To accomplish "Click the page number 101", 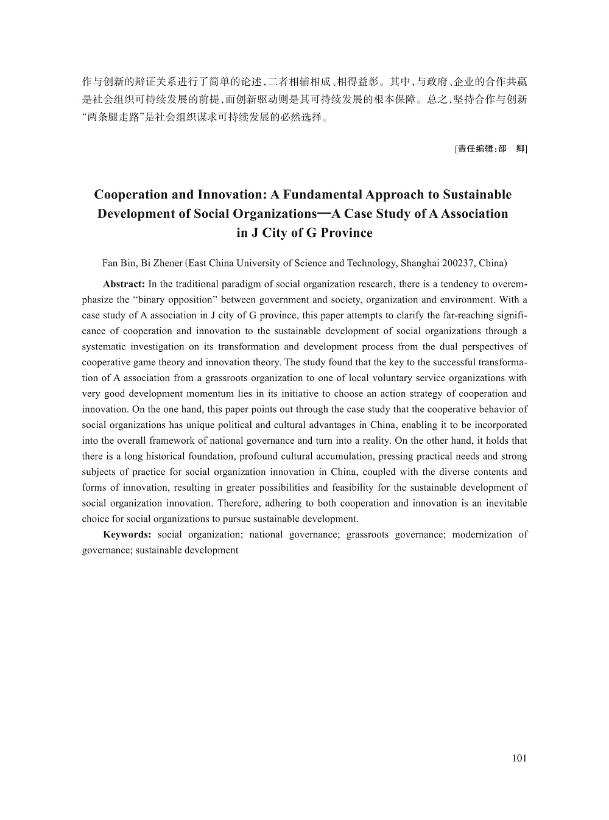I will click(x=519, y=758).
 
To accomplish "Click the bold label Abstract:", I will click(x=124, y=284).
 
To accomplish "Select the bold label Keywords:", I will click(x=127, y=534).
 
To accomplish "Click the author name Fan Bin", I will click(x=118, y=264).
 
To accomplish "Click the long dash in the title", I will click(x=323, y=214).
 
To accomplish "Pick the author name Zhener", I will click(x=161, y=264).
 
